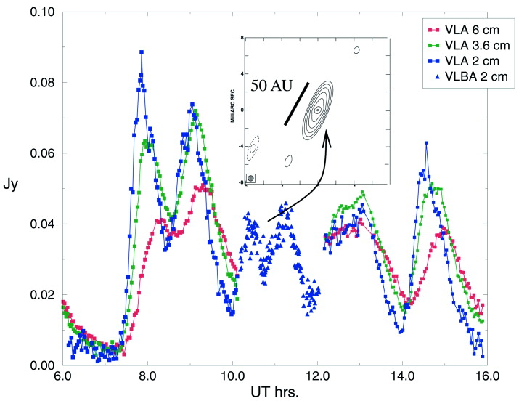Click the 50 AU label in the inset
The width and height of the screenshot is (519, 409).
(x=272, y=85)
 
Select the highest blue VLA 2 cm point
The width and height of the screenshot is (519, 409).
(x=142, y=52)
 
